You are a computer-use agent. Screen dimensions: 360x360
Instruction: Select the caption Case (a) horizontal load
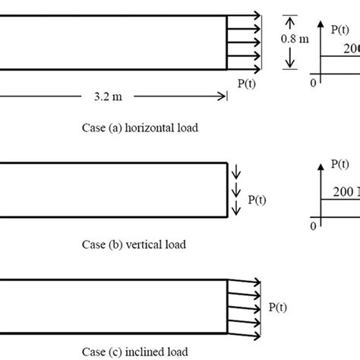[140, 128]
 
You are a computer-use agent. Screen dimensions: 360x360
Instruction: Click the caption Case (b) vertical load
[134, 245]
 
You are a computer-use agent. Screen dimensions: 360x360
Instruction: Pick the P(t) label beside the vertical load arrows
[257, 201]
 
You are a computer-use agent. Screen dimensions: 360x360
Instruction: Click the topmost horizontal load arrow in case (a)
[245, 14]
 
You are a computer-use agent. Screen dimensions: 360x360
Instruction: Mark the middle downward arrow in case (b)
[235, 189]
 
